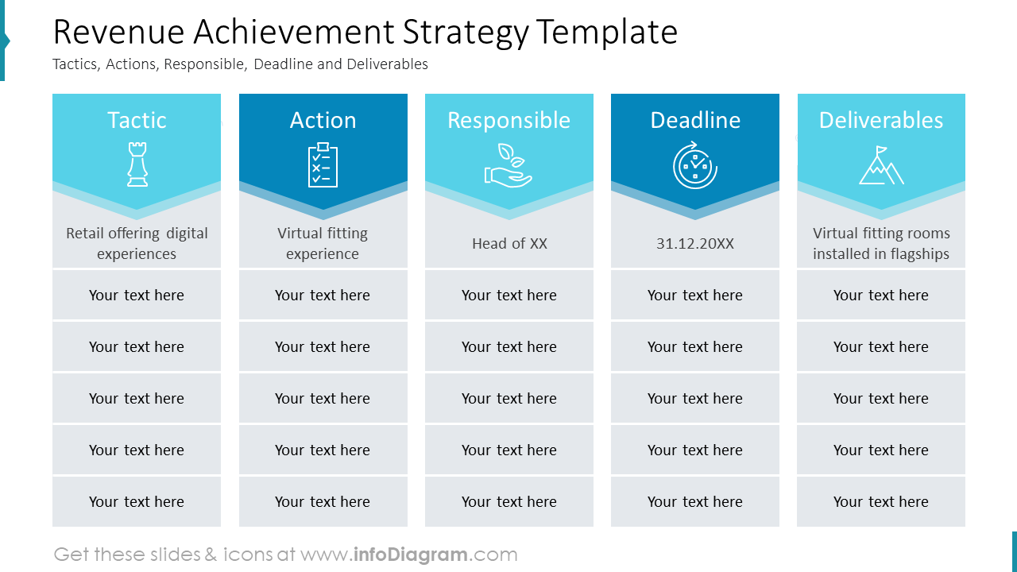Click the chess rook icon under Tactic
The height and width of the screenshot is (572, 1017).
137,164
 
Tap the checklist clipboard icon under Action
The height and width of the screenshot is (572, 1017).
323,165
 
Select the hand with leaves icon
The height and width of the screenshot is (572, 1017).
508,165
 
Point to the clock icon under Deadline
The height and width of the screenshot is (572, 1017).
695,165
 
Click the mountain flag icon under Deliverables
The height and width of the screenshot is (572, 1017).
881,165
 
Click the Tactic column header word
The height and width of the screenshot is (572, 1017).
137,120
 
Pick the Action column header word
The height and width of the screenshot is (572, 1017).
323,120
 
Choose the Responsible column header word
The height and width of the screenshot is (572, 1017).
508,120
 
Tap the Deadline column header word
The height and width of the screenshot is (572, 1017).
695,120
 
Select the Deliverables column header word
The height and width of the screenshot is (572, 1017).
881,120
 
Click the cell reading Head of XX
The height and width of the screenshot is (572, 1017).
509,244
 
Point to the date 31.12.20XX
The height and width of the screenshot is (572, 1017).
695,244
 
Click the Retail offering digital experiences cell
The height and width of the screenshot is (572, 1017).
137,244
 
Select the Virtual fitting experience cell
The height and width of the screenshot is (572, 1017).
323,244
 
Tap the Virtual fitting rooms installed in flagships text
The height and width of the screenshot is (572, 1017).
881,244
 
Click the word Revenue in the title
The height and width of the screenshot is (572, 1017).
118,33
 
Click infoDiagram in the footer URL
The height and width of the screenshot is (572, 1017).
410,555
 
